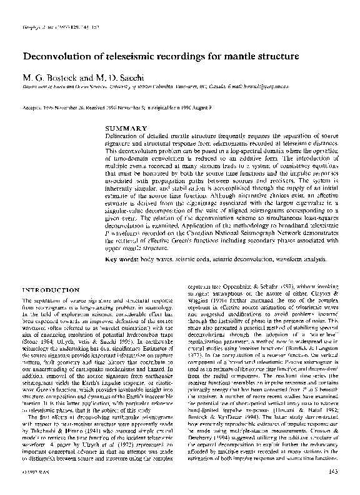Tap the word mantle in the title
click(x=235, y=57)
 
